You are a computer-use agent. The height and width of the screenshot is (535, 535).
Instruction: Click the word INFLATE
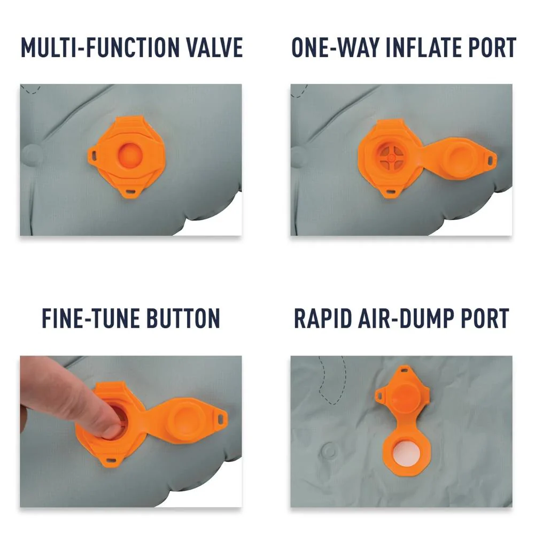(x=423, y=48)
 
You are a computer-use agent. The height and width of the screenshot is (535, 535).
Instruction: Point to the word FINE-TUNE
(x=91, y=319)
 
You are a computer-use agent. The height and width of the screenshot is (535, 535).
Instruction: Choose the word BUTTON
(x=183, y=319)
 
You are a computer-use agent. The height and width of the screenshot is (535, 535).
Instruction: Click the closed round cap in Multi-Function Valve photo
(x=130, y=155)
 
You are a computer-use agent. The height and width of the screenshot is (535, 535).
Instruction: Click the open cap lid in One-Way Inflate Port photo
(x=461, y=158)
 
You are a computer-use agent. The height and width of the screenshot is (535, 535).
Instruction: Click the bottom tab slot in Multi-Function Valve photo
(x=131, y=193)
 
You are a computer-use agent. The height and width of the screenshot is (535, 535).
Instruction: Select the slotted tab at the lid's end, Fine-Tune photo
(x=221, y=417)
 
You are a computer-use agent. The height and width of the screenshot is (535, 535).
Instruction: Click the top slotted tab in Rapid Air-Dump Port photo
(x=405, y=369)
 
